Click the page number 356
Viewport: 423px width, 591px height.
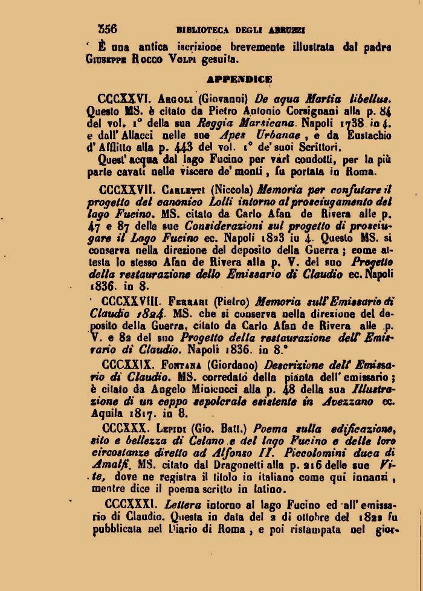(x=108, y=28)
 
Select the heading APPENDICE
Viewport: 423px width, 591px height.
(x=239, y=79)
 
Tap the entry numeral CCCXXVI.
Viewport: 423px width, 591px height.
(x=124, y=99)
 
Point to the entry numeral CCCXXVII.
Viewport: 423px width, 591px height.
(x=127, y=188)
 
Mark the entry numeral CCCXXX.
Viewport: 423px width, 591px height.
(x=123, y=428)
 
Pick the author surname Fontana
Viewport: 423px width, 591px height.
(x=184, y=365)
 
